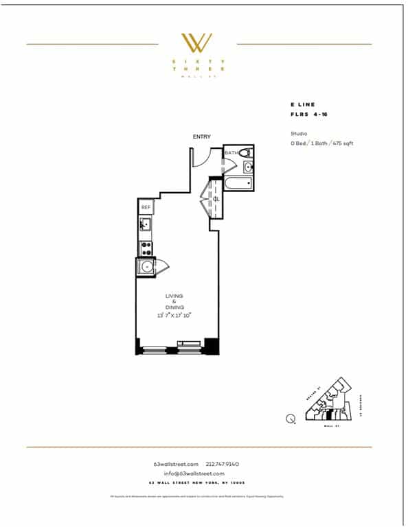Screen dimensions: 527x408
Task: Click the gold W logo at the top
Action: (196, 43)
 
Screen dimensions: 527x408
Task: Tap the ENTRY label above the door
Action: (202, 137)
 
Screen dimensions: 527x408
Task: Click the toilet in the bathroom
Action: (247, 153)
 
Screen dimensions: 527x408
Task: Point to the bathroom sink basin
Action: (249, 167)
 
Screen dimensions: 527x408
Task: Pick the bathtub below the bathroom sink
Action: (238, 183)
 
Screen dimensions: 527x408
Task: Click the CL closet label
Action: (216, 199)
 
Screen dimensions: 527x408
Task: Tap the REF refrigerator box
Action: (146, 207)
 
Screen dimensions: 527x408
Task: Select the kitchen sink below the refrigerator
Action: (145, 224)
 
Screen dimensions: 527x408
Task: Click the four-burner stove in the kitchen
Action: (146, 247)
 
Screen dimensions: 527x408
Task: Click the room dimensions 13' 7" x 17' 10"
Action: (174, 315)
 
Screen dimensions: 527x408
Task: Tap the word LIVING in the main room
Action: (174, 296)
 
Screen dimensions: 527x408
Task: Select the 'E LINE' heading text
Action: (302, 105)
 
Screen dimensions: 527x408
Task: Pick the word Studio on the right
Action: (299, 133)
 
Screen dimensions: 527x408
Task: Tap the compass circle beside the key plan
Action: (291, 418)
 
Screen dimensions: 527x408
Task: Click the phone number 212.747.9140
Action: (222, 464)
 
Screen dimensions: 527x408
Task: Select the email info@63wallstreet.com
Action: (194, 473)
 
